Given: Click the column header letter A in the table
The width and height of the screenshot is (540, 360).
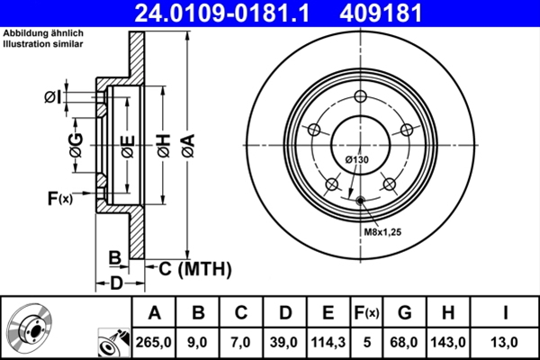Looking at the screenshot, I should (155, 313).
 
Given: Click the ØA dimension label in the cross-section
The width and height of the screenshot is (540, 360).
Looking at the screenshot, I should (187, 142).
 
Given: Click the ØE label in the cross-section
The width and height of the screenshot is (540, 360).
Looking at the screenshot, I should (128, 142).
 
